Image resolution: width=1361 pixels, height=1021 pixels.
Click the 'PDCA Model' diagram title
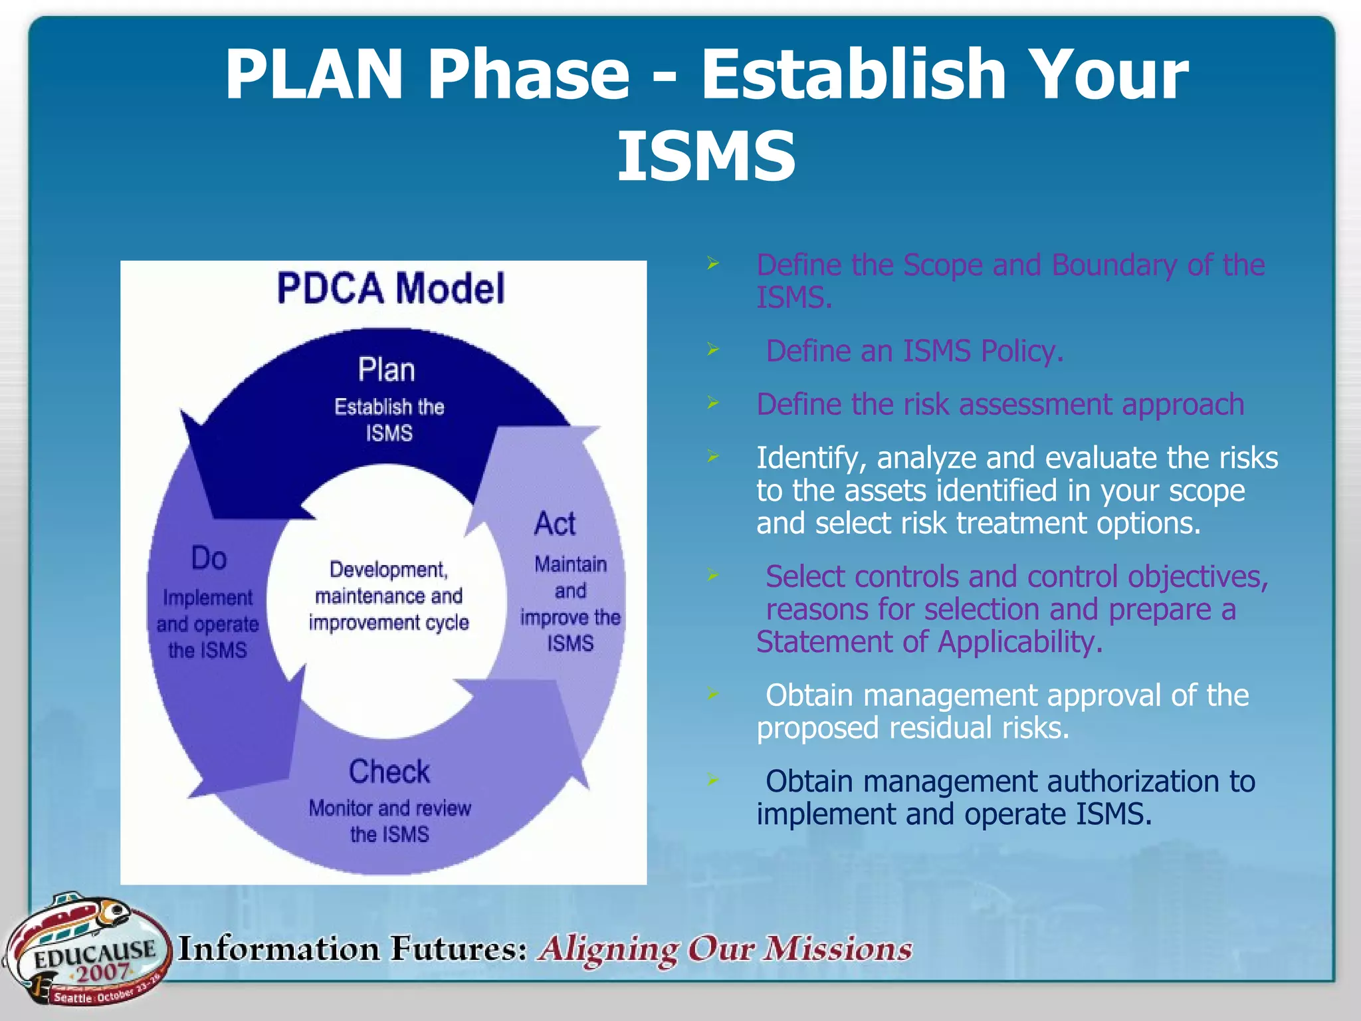click(x=391, y=288)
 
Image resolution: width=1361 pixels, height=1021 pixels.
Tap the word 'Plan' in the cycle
click(x=386, y=370)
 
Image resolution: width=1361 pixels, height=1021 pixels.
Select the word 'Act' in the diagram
click(x=555, y=524)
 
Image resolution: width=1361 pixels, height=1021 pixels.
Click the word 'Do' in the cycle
click(x=209, y=558)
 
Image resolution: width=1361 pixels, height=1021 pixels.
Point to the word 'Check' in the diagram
click(x=389, y=772)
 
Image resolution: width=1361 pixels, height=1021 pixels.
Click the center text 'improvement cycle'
click(x=389, y=623)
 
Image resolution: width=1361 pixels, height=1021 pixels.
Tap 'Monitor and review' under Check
click(x=389, y=808)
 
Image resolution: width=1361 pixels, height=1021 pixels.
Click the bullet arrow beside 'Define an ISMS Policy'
click(x=713, y=350)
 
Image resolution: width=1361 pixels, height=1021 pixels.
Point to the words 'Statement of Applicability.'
click(x=929, y=642)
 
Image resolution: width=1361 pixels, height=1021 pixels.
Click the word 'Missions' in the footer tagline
click(x=837, y=949)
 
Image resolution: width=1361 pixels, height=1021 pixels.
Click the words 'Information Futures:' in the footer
click(x=352, y=949)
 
